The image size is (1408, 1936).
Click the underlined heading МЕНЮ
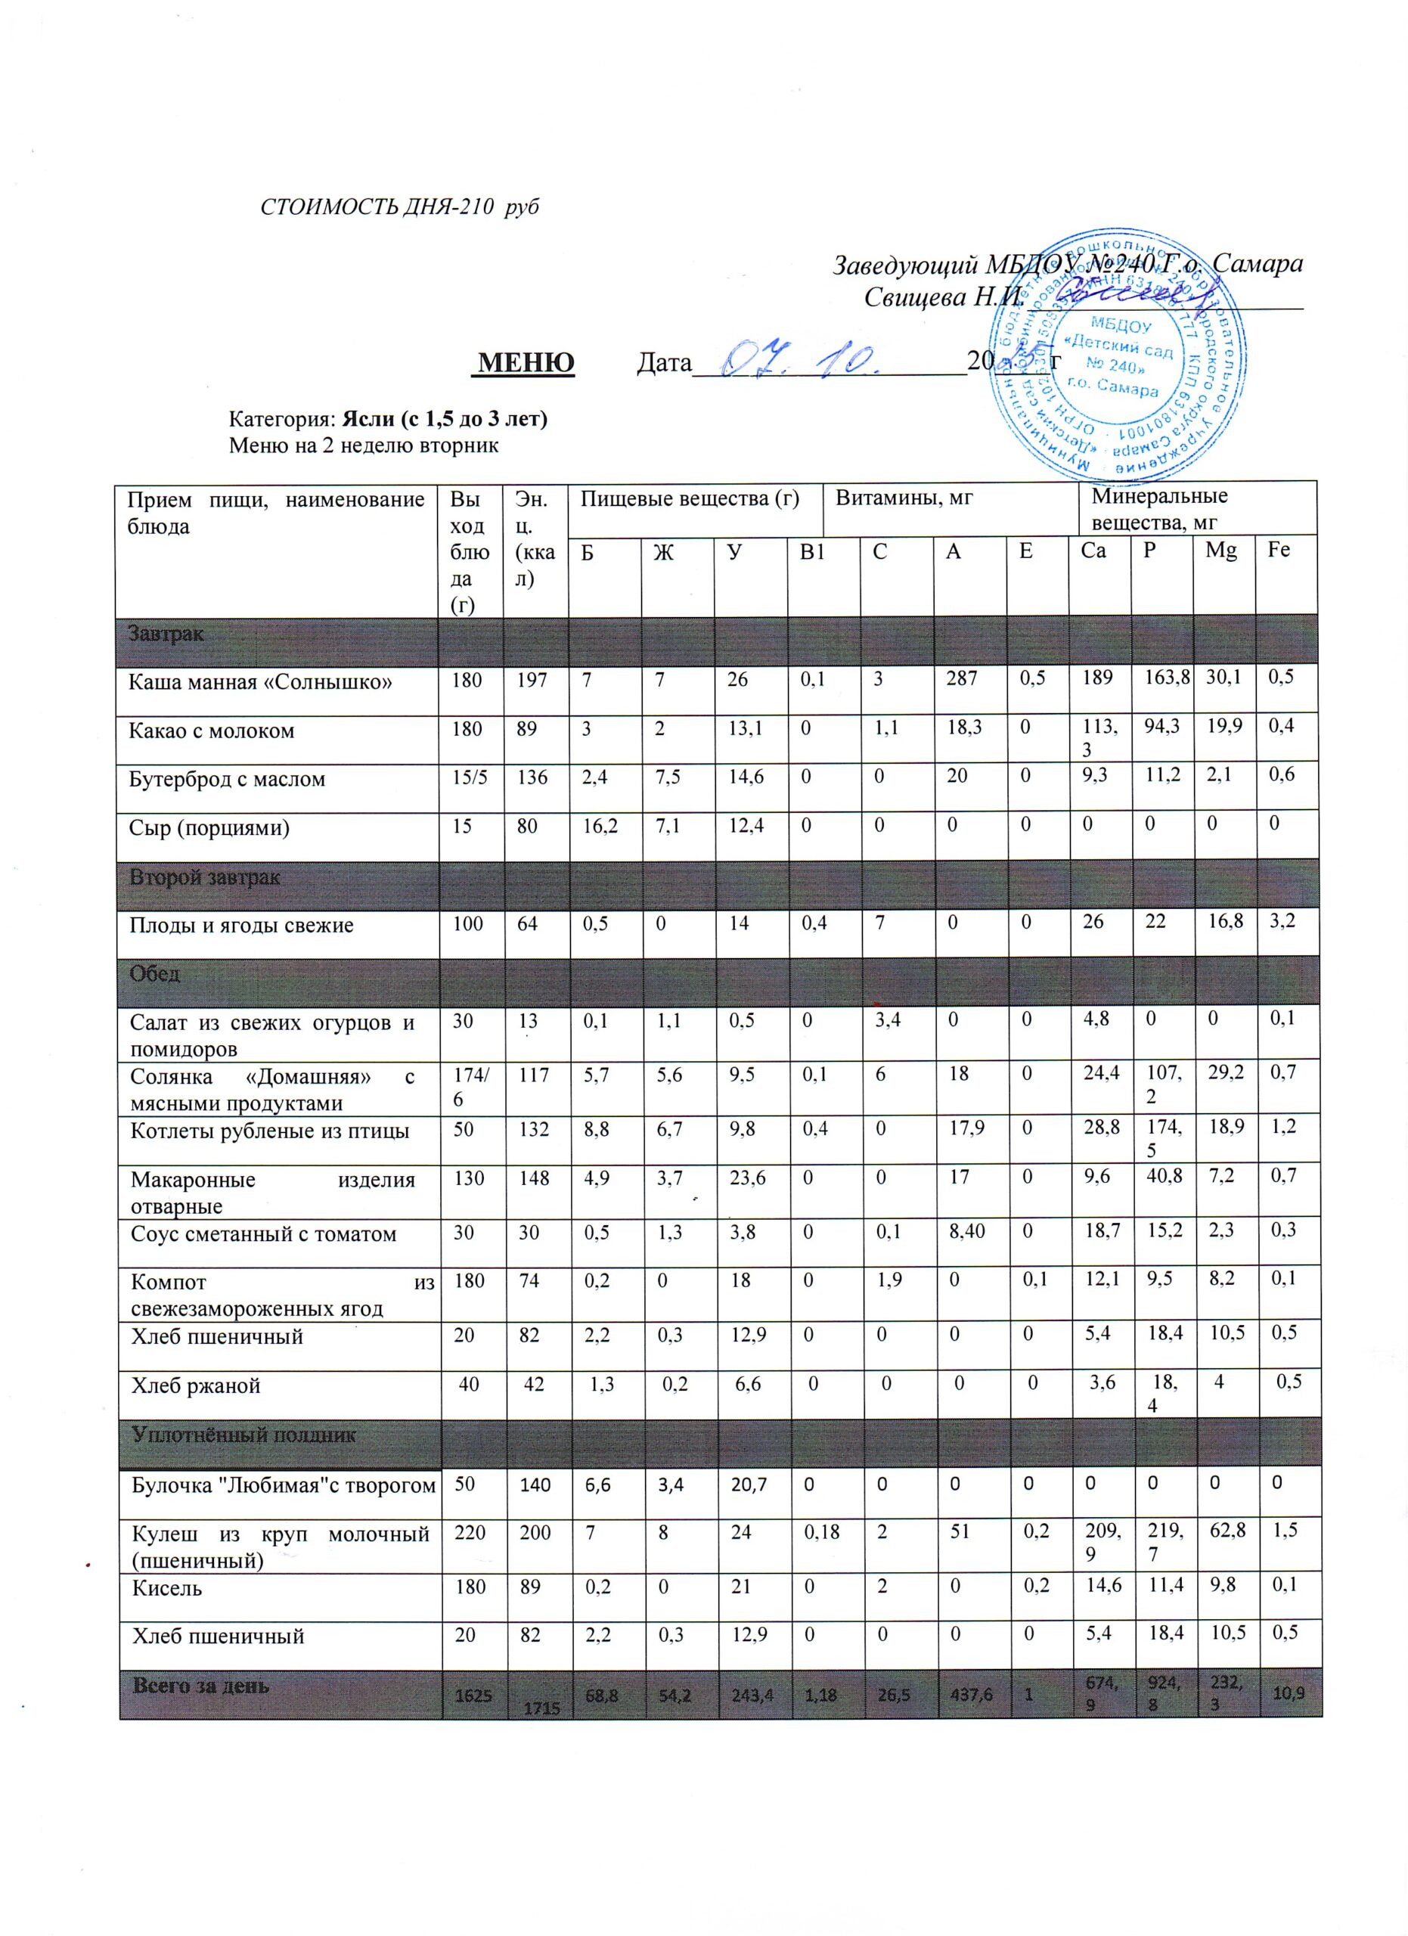(x=526, y=363)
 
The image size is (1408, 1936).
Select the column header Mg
(x=1221, y=551)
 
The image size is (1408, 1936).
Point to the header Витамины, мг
(x=904, y=498)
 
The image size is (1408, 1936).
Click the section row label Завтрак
(x=166, y=634)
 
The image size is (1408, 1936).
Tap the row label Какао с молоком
(x=212, y=731)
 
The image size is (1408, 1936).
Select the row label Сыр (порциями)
(x=209, y=827)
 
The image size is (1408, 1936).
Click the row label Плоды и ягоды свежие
(x=240, y=926)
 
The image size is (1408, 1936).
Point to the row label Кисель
(x=166, y=1589)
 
